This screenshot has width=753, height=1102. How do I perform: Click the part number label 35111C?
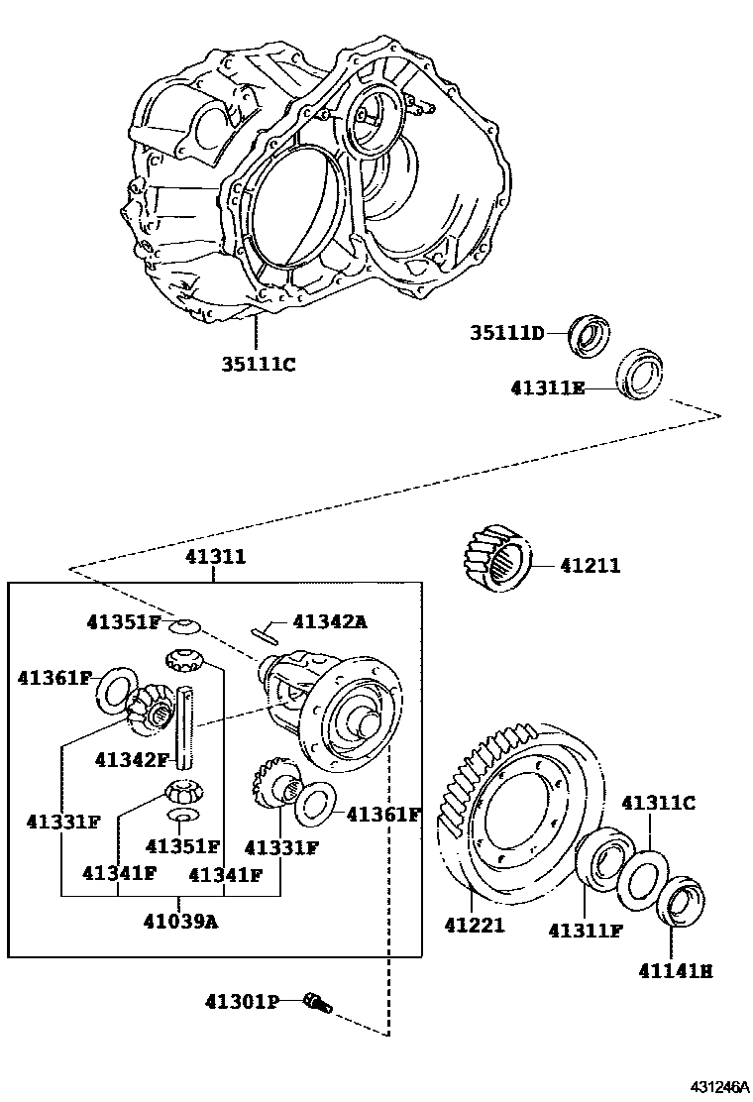(x=258, y=364)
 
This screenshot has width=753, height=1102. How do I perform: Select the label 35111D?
(x=507, y=333)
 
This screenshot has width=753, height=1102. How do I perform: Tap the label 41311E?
(x=548, y=388)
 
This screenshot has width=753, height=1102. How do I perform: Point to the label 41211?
(x=590, y=566)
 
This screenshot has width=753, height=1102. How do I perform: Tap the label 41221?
(x=475, y=926)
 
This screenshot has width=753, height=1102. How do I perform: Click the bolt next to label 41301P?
(x=317, y=1003)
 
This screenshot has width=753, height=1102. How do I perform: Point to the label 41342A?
(x=329, y=621)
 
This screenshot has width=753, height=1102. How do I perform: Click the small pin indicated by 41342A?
(x=268, y=628)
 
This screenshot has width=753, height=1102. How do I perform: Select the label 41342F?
(x=132, y=759)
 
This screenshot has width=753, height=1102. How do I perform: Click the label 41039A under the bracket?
(x=179, y=920)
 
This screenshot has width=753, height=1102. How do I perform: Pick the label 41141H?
(x=675, y=971)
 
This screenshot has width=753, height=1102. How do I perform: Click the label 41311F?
(x=585, y=931)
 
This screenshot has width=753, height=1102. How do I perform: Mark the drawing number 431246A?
(x=707, y=1087)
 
